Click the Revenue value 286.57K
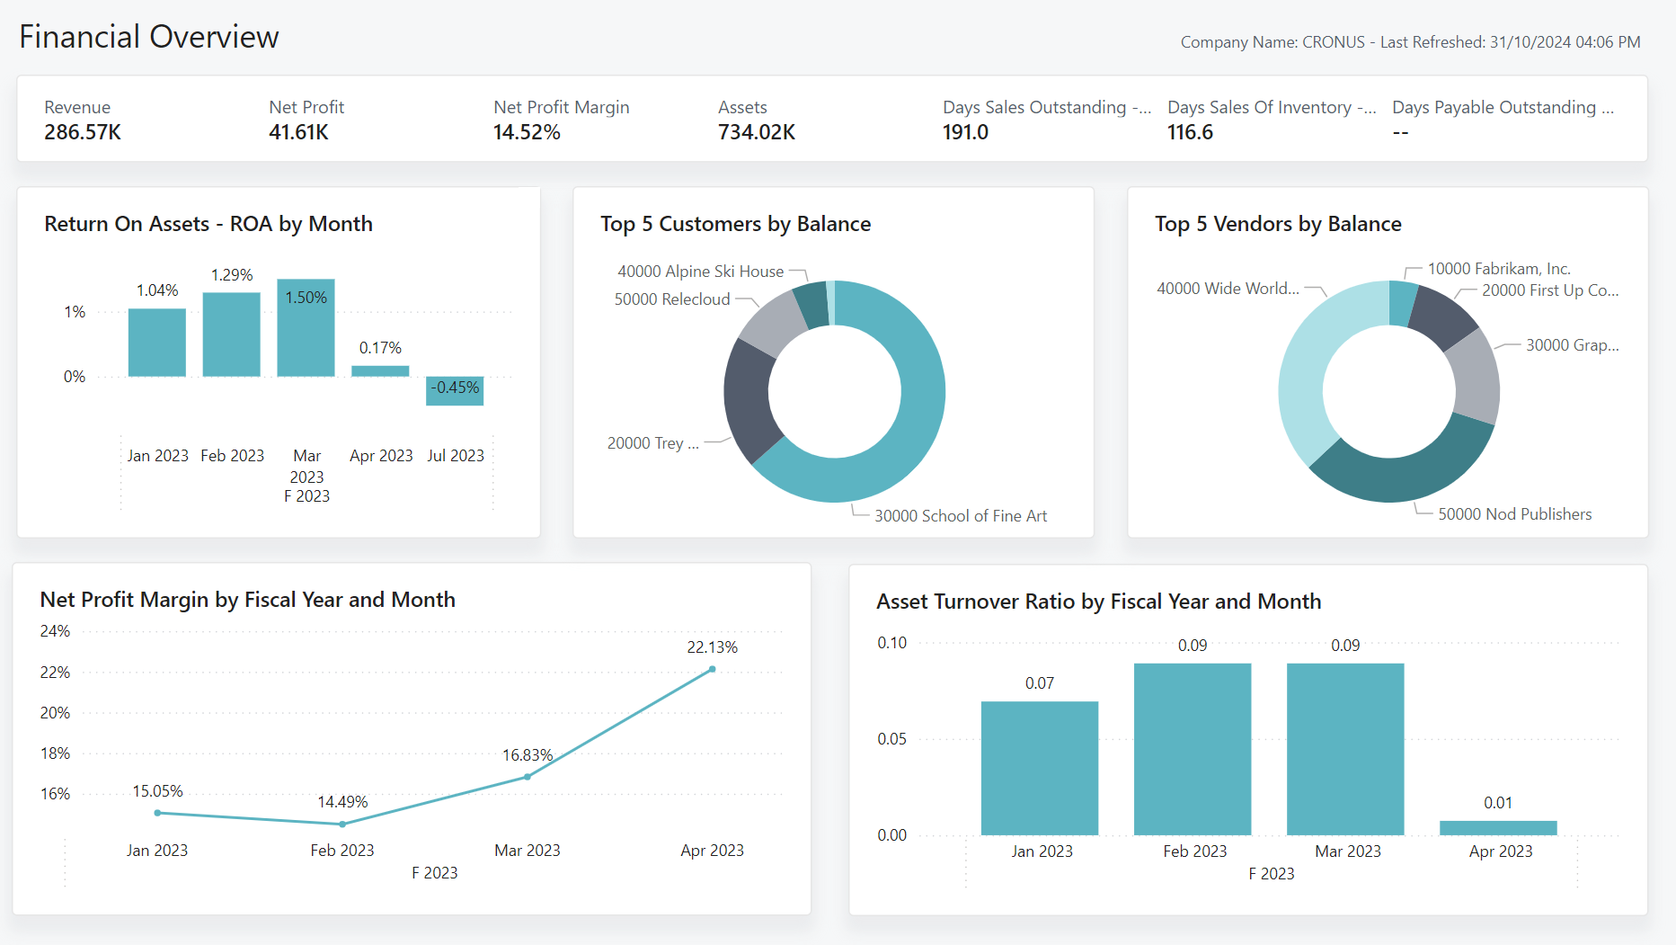[x=83, y=132]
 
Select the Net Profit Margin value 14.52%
[x=527, y=132]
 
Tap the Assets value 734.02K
[x=757, y=132]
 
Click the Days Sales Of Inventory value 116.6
[x=1190, y=132]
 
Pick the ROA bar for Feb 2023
[x=232, y=334]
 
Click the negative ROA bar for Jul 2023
[x=455, y=391]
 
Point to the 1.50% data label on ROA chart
[x=306, y=298]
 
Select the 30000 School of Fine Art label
[x=960, y=516]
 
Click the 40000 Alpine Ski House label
[x=700, y=272]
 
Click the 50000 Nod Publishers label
[x=1514, y=514]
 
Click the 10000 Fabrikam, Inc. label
[x=1498, y=269]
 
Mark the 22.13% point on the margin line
[x=712, y=669]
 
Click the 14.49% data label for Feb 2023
[x=342, y=802]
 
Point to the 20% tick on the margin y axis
[x=55, y=713]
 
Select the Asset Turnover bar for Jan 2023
[x=1040, y=768]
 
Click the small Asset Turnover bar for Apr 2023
[x=1498, y=828]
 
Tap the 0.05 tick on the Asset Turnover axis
[x=891, y=739]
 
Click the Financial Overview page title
[x=149, y=37]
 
